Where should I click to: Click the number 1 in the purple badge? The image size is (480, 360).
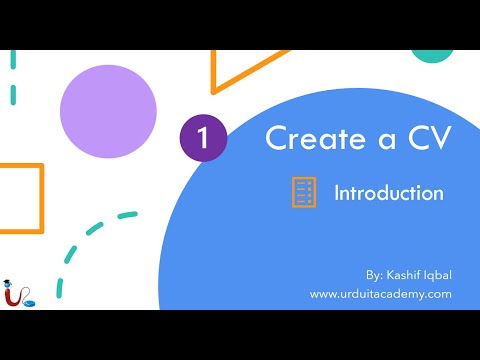coord(204,139)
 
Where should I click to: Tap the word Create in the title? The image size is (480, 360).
coord(309,139)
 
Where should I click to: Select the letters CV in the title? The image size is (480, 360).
coord(425,139)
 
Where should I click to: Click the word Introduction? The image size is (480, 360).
coord(389,193)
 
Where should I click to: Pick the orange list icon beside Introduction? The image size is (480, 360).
coord(303,192)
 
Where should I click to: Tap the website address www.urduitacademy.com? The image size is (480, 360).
coord(380,293)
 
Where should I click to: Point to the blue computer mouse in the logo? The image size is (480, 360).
coord(31,300)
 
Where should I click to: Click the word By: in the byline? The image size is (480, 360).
coord(375,273)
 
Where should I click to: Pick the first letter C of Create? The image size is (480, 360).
coord(275,139)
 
